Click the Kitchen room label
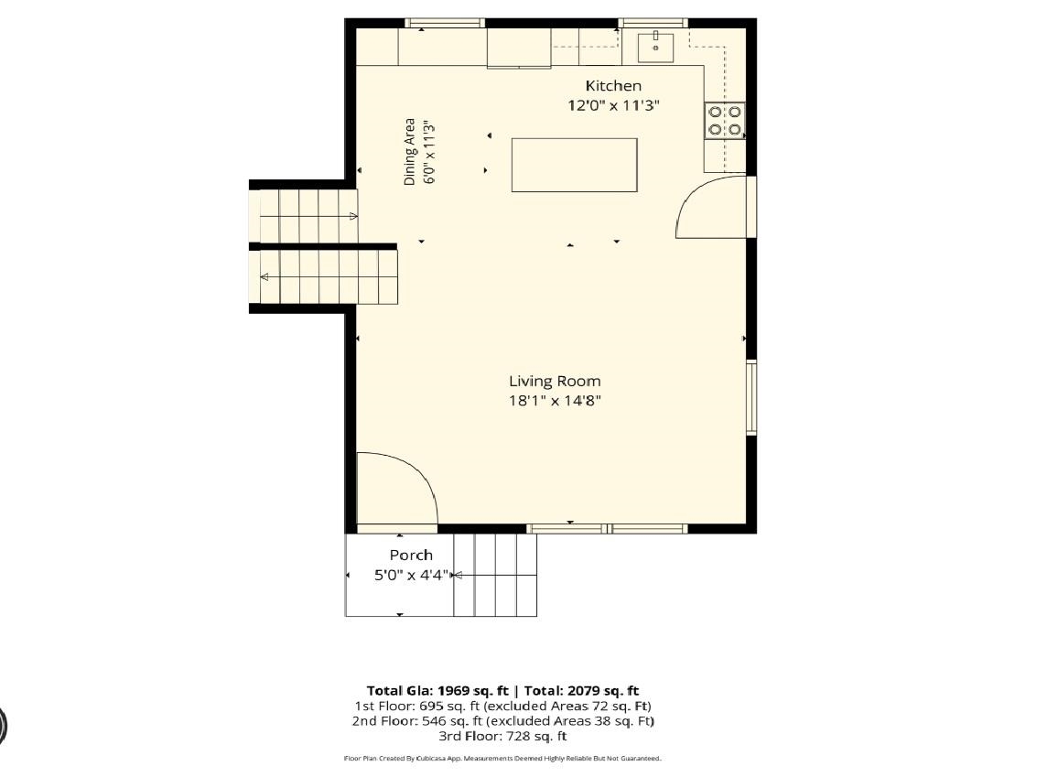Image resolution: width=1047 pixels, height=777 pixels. (x=613, y=85)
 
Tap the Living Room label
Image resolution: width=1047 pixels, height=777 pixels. (x=555, y=381)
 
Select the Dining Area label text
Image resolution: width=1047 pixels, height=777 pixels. (x=409, y=152)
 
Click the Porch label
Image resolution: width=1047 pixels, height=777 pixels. (x=411, y=555)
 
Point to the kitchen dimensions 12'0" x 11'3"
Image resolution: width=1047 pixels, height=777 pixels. (x=613, y=105)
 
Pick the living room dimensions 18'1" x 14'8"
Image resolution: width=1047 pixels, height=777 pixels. (x=555, y=401)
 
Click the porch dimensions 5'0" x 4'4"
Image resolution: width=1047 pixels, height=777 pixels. (x=411, y=575)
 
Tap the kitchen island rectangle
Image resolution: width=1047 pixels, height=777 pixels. (x=574, y=165)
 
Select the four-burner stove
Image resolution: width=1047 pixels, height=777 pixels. (x=725, y=120)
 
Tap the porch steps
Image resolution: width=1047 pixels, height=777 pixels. (x=495, y=575)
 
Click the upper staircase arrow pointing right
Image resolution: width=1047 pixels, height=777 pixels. (x=308, y=216)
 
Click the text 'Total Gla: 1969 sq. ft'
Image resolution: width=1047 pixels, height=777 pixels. (x=437, y=691)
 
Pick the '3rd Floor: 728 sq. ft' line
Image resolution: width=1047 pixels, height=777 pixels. (x=502, y=737)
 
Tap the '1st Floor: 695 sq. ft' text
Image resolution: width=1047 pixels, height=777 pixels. (x=416, y=706)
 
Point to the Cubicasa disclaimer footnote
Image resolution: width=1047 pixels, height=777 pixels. (x=502, y=759)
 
